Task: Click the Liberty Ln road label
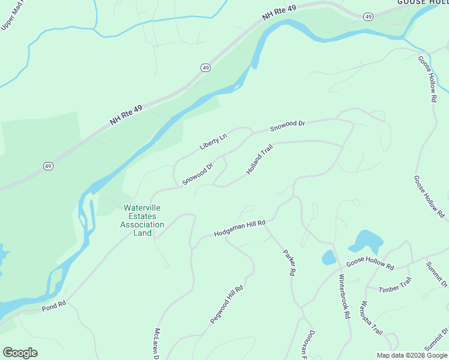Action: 213,142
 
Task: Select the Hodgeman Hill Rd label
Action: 240,228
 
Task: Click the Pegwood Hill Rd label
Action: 226,305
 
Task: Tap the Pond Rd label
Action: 52,307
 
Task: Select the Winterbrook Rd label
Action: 344,296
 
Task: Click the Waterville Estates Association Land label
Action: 142,220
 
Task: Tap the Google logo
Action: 20,352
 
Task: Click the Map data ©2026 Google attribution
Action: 412,355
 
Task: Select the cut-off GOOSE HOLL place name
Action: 423,2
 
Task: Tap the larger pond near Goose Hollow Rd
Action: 366,241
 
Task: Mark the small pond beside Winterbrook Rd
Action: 329,257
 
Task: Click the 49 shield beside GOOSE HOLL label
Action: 368,16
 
